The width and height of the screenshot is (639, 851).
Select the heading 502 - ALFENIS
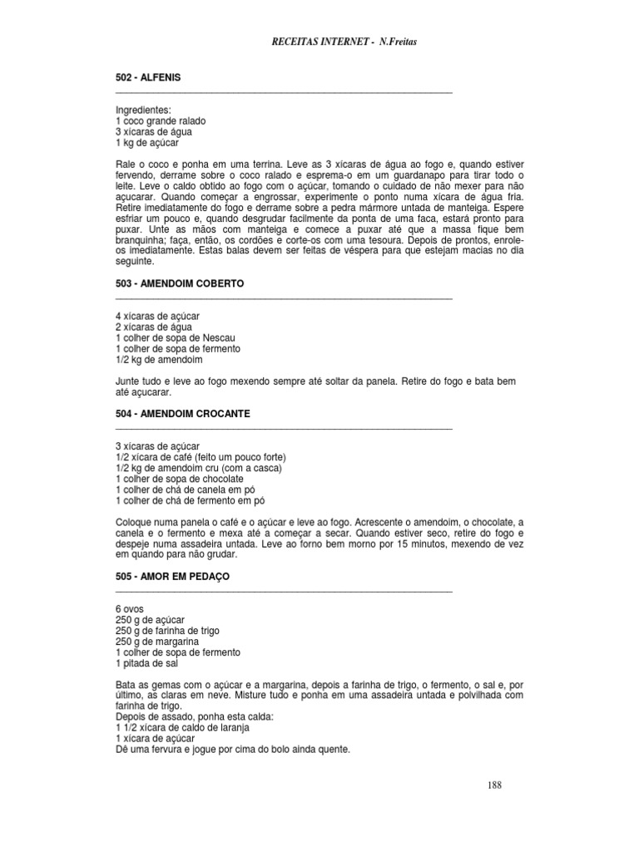pyautogui.click(x=148, y=77)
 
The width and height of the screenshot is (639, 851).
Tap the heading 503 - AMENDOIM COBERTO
pyautogui.click(x=180, y=283)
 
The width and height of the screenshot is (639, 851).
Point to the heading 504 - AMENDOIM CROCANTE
pyautogui.click(x=183, y=413)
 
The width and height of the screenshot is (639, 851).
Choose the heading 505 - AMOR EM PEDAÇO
pyautogui.click(x=172, y=576)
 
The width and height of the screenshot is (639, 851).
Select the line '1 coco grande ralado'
pyautogui.click(x=161, y=121)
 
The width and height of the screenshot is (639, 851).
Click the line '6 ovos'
pyautogui.click(x=130, y=609)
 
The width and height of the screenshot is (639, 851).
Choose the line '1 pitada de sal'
pyautogui.click(x=146, y=663)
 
